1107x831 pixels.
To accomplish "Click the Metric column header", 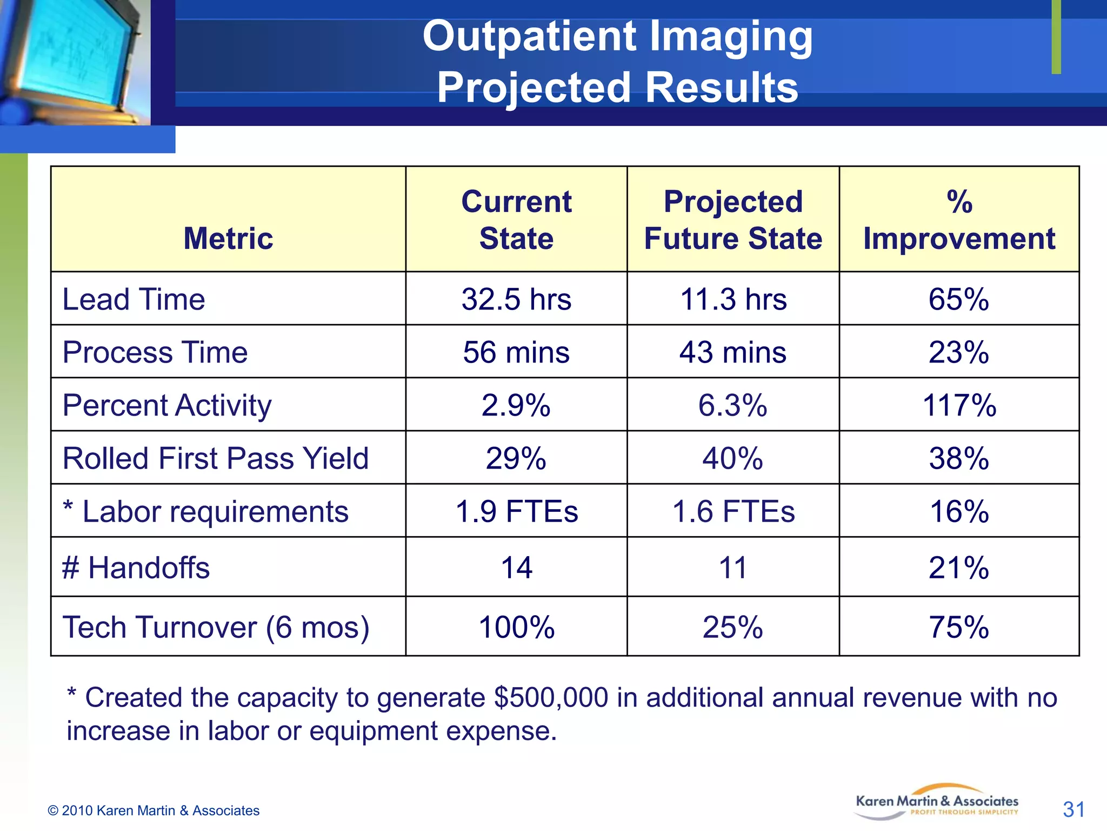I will pos(228,238).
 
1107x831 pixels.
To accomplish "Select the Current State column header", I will pos(516,220).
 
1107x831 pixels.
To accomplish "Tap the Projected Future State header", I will pos(733,220).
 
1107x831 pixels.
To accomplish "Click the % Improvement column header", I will pos(959,220).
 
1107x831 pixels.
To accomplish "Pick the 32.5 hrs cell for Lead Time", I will pos(516,299).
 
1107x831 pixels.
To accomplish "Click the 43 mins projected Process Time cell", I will pos(733,352).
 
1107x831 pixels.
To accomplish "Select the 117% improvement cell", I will pos(959,405).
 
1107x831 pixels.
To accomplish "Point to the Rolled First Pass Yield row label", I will pos(215,458).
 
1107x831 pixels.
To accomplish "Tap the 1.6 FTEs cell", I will pos(733,511).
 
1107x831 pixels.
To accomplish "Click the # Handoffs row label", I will pos(136,568).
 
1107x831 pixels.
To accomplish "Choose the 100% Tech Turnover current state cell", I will pos(516,628).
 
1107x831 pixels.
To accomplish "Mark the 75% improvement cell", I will pos(959,628).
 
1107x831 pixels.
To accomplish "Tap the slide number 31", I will pos(1073,810).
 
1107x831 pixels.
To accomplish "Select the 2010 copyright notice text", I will pos(154,810).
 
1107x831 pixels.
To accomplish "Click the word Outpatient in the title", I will pos(529,37).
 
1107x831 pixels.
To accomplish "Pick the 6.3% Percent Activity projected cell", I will pos(733,405).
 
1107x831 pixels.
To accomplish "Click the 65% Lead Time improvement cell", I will pos(959,299).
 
